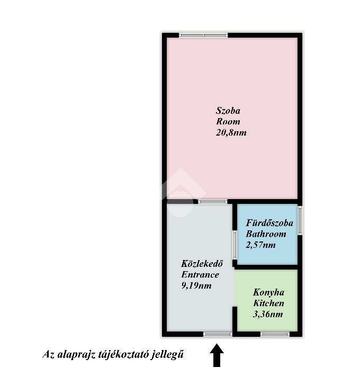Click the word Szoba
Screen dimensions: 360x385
click(228, 111)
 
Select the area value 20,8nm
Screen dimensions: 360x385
click(231, 132)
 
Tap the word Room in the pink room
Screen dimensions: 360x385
click(228, 122)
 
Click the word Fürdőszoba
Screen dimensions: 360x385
click(269, 223)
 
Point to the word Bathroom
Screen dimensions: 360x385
click(266, 234)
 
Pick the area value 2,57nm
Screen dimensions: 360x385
click(260, 245)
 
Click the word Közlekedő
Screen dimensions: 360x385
click(202, 263)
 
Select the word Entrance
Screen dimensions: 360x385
click(200, 274)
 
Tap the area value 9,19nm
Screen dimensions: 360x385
click(196, 285)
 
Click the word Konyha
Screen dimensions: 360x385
click(268, 292)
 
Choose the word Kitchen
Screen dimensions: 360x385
click(268, 303)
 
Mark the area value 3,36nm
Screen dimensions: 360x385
click(268, 314)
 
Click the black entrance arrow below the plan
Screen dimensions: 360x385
click(217, 355)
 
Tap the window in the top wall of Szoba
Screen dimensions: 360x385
click(203, 35)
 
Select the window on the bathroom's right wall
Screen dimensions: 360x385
click(300, 220)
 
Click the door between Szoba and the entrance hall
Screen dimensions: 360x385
click(213, 202)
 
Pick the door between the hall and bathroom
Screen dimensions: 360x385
click(235, 245)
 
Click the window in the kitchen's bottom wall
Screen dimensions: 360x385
click(275, 334)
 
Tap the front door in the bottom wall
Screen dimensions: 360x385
click(218, 334)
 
